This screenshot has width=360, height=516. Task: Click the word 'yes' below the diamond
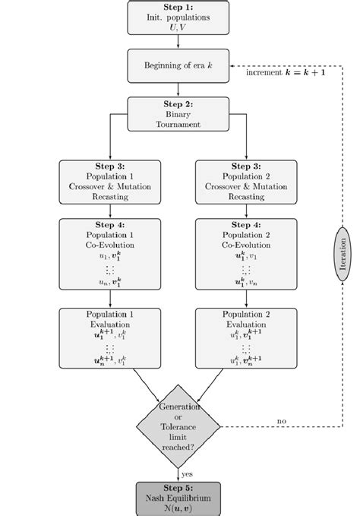pos(187,473)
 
